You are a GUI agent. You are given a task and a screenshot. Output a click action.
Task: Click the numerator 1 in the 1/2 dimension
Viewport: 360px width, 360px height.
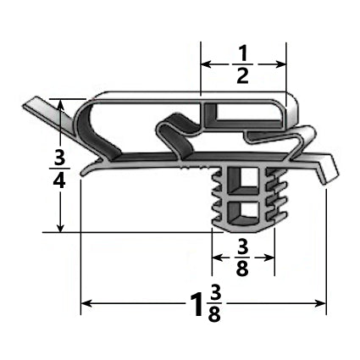(x=242, y=49)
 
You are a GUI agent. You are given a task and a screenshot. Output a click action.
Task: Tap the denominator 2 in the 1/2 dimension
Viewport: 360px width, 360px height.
(x=242, y=77)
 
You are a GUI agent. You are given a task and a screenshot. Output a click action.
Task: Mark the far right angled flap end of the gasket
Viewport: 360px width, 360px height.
(x=325, y=178)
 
